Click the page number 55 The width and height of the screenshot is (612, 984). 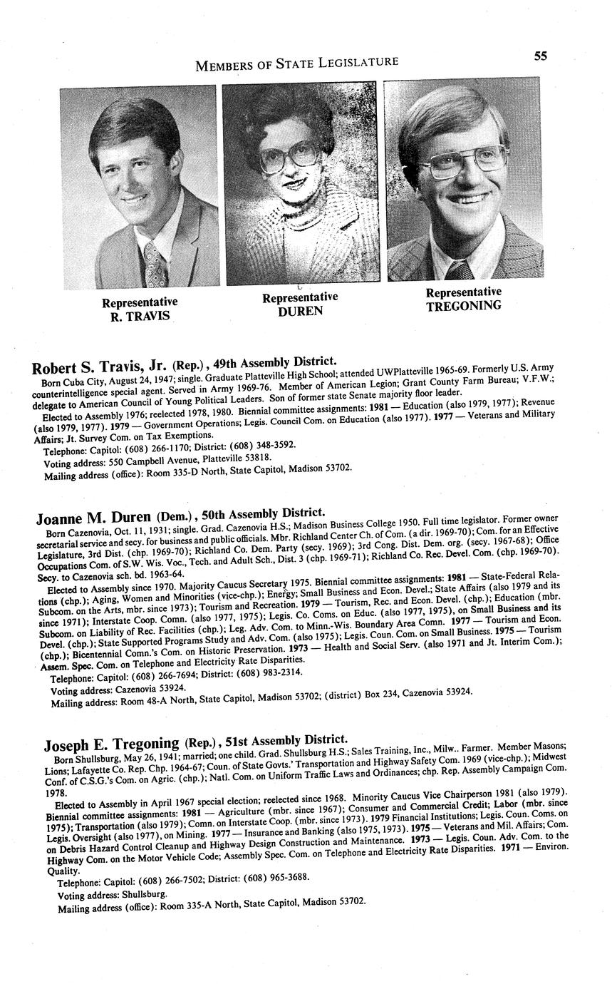click(x=541, y=56)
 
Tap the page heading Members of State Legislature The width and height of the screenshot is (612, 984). click(x=296, y=63)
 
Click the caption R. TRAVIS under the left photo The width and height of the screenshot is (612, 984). click(x=140, y=316)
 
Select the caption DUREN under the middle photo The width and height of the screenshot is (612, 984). click(x=300, y=311)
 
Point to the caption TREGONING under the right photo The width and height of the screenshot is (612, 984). click(x=464, y=305)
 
